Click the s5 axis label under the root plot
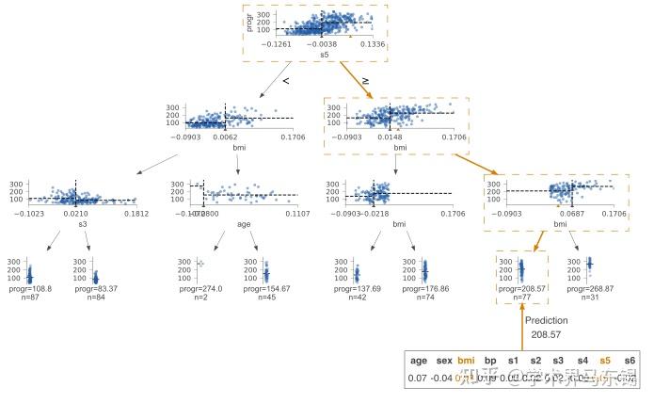click(325, 55)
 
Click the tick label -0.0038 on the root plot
click(322, 43)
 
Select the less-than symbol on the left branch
click(285, 82)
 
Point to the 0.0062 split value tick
click(226, 136)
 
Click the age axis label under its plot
click(244, 224)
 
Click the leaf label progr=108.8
click(29, 289)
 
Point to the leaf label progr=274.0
click(197, 289)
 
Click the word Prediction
click(547, 321)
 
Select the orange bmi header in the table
click(467, 360)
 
